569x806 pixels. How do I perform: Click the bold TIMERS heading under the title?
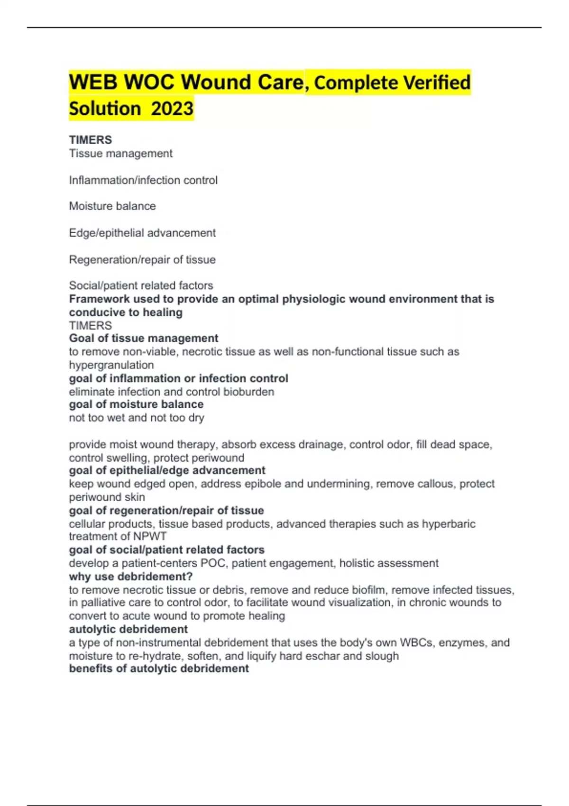(91, 140)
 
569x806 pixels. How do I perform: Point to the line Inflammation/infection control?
(143, 180)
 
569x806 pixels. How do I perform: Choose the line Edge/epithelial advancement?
(142, 233)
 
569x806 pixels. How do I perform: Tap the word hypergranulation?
(111, 365)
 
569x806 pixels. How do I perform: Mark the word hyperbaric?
(449, 524)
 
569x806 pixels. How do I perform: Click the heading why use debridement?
(131, 577)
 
